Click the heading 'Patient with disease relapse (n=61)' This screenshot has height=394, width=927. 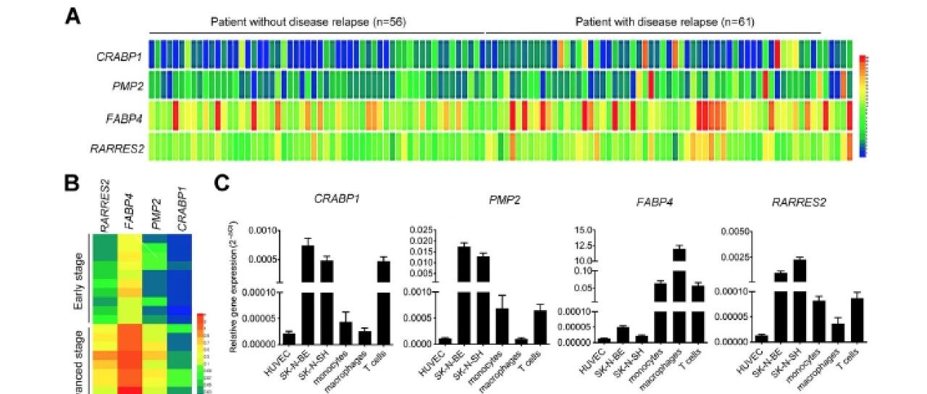click(x=665, y=22)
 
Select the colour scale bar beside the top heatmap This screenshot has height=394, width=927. click(x=863, y=106)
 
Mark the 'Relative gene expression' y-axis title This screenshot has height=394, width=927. click(x=235, y=288)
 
